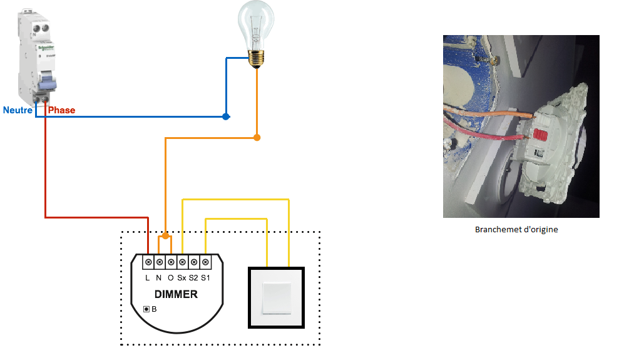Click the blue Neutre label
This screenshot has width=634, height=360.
click(x=18, y=110)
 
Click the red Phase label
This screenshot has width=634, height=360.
click(x=61, y=110)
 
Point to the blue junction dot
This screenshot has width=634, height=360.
click(x=226, y=116)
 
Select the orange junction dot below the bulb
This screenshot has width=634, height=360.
click(x=257, y=136)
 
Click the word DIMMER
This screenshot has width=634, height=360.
click(x=176, y=294)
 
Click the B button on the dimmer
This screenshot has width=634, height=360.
click(x=146, y=309)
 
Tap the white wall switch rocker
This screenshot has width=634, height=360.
click(x=277, y=297)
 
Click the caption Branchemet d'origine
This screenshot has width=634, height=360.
click(x=516, y=229)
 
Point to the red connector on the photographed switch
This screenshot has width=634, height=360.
click(x=540, y=133)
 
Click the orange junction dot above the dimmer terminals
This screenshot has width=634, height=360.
click(x=165, y=236)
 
